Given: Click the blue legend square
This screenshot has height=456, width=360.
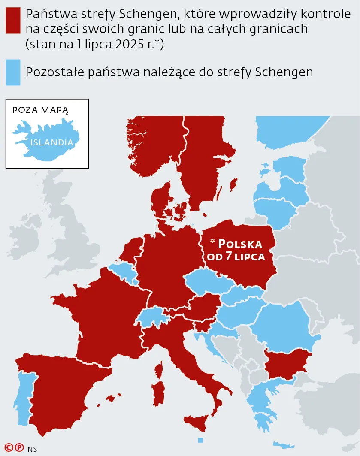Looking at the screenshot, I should pyautogui.click(x=12, y=72).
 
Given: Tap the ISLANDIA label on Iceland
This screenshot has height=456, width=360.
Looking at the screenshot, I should pyautogui.click(x=51, y=142).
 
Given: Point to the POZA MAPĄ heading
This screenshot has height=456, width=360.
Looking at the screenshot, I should pyautogui.click(x=40, y=110).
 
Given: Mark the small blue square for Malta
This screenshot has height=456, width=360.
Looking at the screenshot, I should pyautogui.click(x=200, y=440).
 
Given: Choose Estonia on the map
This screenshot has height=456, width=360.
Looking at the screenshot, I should pyautogui.click(x=291, y=165).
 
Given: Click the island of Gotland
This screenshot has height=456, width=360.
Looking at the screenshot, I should pyautogui.click(x=234, y=185).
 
